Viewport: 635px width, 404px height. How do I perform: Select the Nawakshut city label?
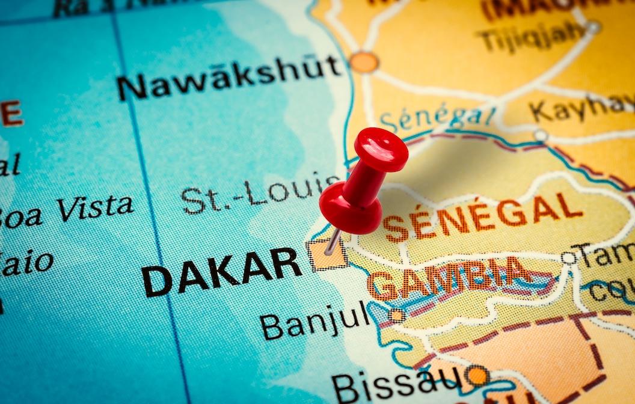pos(229,76)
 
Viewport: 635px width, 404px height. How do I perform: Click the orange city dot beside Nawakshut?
pos(364,62)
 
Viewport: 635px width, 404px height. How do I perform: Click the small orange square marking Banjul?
pos(396,315)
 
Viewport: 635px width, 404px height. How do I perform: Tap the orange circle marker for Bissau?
pos(477,376)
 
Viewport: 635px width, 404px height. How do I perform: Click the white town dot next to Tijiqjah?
pos(594,27)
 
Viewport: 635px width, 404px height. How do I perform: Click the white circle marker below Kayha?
pos(541,135)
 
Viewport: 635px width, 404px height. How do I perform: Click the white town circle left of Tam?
pos(568,258)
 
